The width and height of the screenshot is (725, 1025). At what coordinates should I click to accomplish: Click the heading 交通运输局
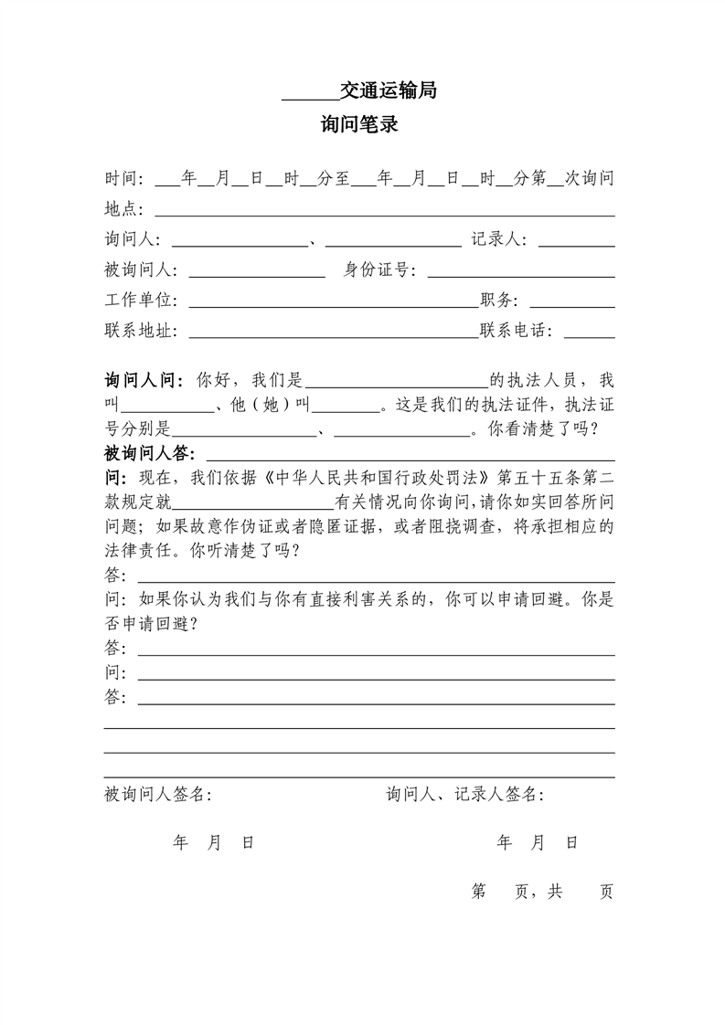point(388,90)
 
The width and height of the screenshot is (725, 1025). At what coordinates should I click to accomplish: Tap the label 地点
point(123,209)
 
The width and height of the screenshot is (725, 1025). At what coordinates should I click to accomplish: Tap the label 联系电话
point(516,330)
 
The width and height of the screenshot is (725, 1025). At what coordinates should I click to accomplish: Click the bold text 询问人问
point(144,380)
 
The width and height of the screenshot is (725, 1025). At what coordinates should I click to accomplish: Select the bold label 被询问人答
point(152,453)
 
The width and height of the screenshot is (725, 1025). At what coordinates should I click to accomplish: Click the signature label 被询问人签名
point(157,795)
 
